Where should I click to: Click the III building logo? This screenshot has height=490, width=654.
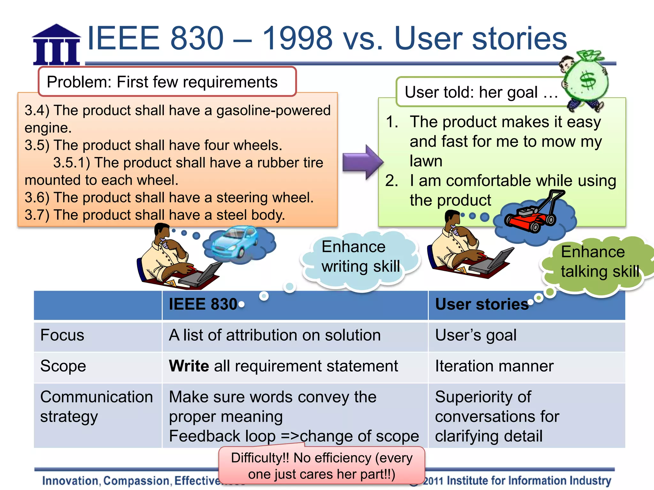(57, 45)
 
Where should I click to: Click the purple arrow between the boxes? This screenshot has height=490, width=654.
(362, 162)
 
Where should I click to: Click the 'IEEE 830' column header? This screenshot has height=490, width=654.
(203, 304)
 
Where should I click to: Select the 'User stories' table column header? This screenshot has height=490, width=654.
(482, 304)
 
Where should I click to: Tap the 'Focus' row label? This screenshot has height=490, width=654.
(62, 335)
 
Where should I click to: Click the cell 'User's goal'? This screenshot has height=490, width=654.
(475, 335)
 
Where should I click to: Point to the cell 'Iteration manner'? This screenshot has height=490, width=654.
(494, 366)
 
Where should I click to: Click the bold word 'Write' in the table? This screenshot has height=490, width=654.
(189, 366)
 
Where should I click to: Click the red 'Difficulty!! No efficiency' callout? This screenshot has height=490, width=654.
(322, 466)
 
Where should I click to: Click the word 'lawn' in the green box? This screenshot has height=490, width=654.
(426, 161)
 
